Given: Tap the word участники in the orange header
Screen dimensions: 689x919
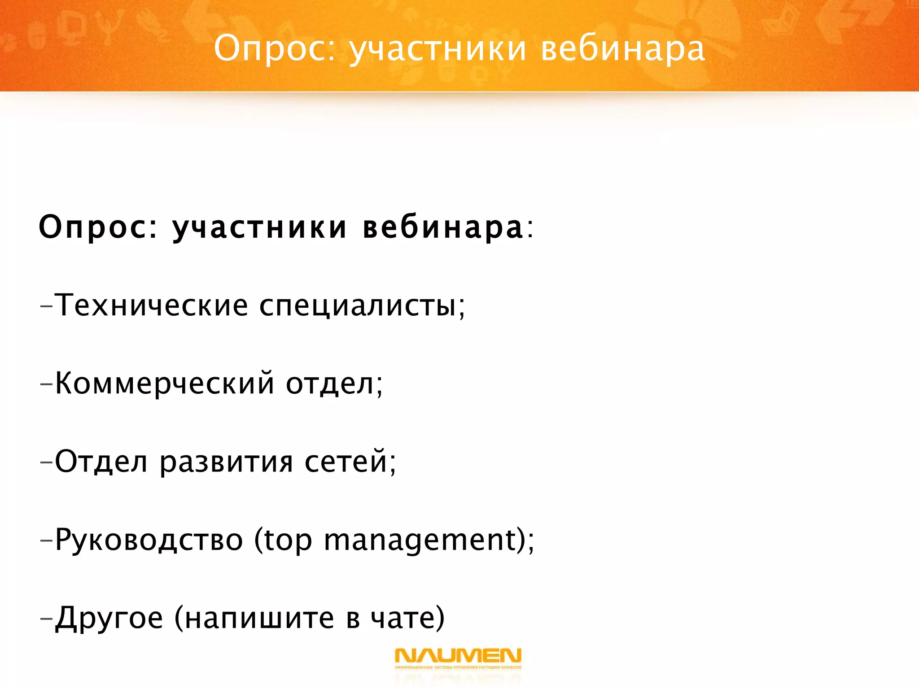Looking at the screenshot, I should click(438, 49).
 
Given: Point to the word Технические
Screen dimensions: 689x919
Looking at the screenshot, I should click(151, 305).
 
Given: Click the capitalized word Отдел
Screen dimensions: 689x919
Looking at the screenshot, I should click(101, 462).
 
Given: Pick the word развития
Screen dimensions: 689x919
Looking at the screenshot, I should click(226, 462).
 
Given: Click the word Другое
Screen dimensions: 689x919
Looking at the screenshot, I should click(109, 619).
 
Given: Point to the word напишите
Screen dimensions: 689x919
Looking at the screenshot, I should click(260, 619).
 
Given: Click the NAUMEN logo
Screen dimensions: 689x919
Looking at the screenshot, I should click(458, 657).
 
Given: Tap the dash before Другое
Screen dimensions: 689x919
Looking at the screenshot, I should click(46, 619).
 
